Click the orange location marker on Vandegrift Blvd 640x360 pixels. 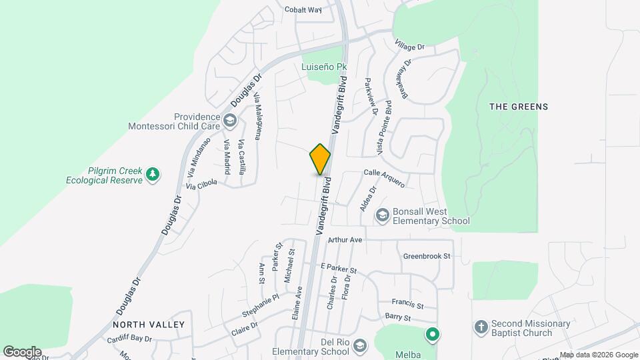[x=321, y=159]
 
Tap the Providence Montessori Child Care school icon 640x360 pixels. [x=230, y=121]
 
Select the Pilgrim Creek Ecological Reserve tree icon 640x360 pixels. [x=153, y=175]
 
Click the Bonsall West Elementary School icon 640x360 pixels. [x=383, y=215]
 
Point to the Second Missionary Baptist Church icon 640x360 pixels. [x=481, y=327]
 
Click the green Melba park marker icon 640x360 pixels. [x=432, y=334]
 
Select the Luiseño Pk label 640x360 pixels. [x=325, y=67]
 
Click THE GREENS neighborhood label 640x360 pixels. [x=519, y=107]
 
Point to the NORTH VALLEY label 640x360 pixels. [x=148, y=325]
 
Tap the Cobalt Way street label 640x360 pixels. [x=303, y=9]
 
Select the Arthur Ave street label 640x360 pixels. [x=345, y=239]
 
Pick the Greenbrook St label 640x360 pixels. [x=427, y=256]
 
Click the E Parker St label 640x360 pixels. [x=339, y=268]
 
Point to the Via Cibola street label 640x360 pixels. [x=202, y=185]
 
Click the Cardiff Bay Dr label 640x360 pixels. [x=130, y=339]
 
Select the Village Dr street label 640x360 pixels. [x=409, y=47]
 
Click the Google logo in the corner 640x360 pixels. [x=22, y=351]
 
